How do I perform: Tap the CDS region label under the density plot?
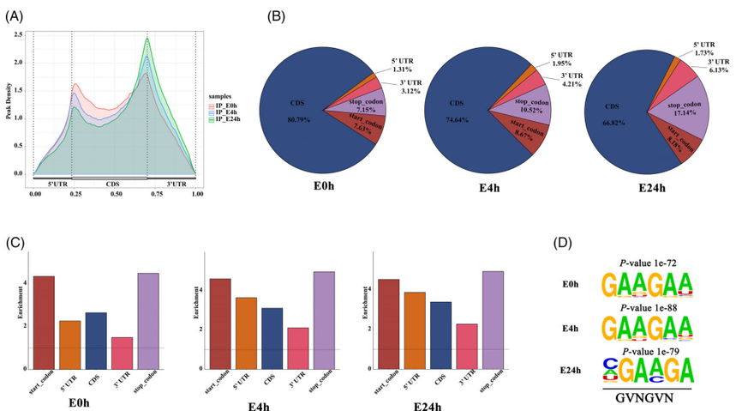pyautogui.click(x=113, y=183)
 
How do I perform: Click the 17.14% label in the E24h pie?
pyautogui.click(x=682, y=113)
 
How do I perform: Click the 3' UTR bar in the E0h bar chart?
pyautogui.click(x=122, y=353)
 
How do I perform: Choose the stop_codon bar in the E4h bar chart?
pyautogui.click(x=326, y=319)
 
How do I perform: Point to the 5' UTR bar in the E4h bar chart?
pyautogui.click(x=247, y=332)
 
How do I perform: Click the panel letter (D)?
pyautogui.click(x=565, y=243)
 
